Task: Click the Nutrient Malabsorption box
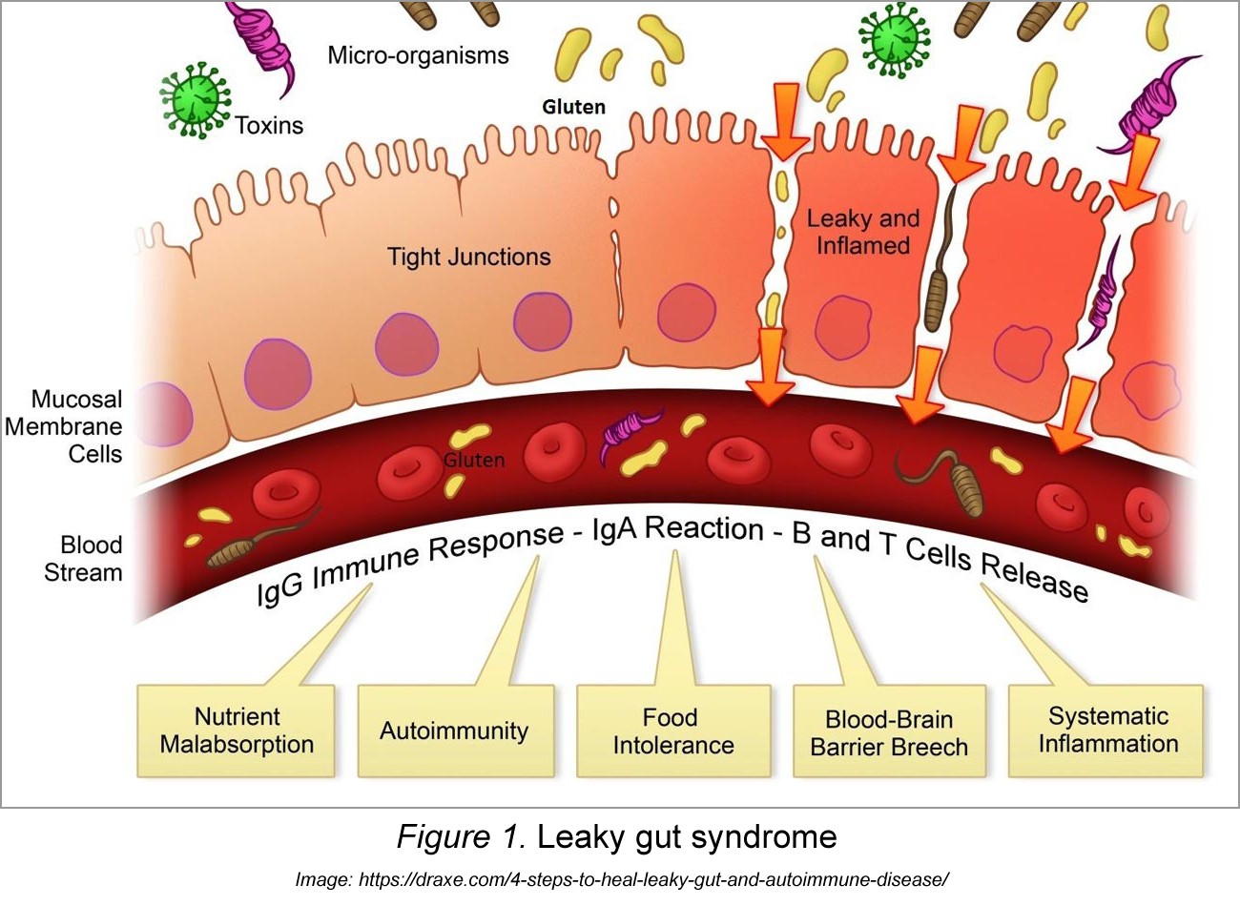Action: pyautogui.click(x=237, y=731)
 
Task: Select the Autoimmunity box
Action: pyautogui.click(x=454, y=731)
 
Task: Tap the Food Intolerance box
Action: pyautogui.click(x=673, y=731)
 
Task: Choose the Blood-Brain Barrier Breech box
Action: pyautogui.click(x=889, y=732)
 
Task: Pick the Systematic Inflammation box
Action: pyautogui.click(x=1108, y=730)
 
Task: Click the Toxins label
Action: pyautogui.click(x=270, y=125)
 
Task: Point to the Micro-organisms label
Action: pyautogui.click(x=418, y=55)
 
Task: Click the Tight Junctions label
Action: pyautogui.click(x=468, y=257)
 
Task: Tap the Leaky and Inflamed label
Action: pyautogui.click(x=863, y=232)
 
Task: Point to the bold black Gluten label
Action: pyautogui.click(x=573, y=107)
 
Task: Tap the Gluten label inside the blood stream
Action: pyautogui.click(x=474, y=460)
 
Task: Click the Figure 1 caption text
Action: pyautogui.click(x=616, y=836)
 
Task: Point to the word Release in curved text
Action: pyautogui.click(x=1034, y=575)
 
